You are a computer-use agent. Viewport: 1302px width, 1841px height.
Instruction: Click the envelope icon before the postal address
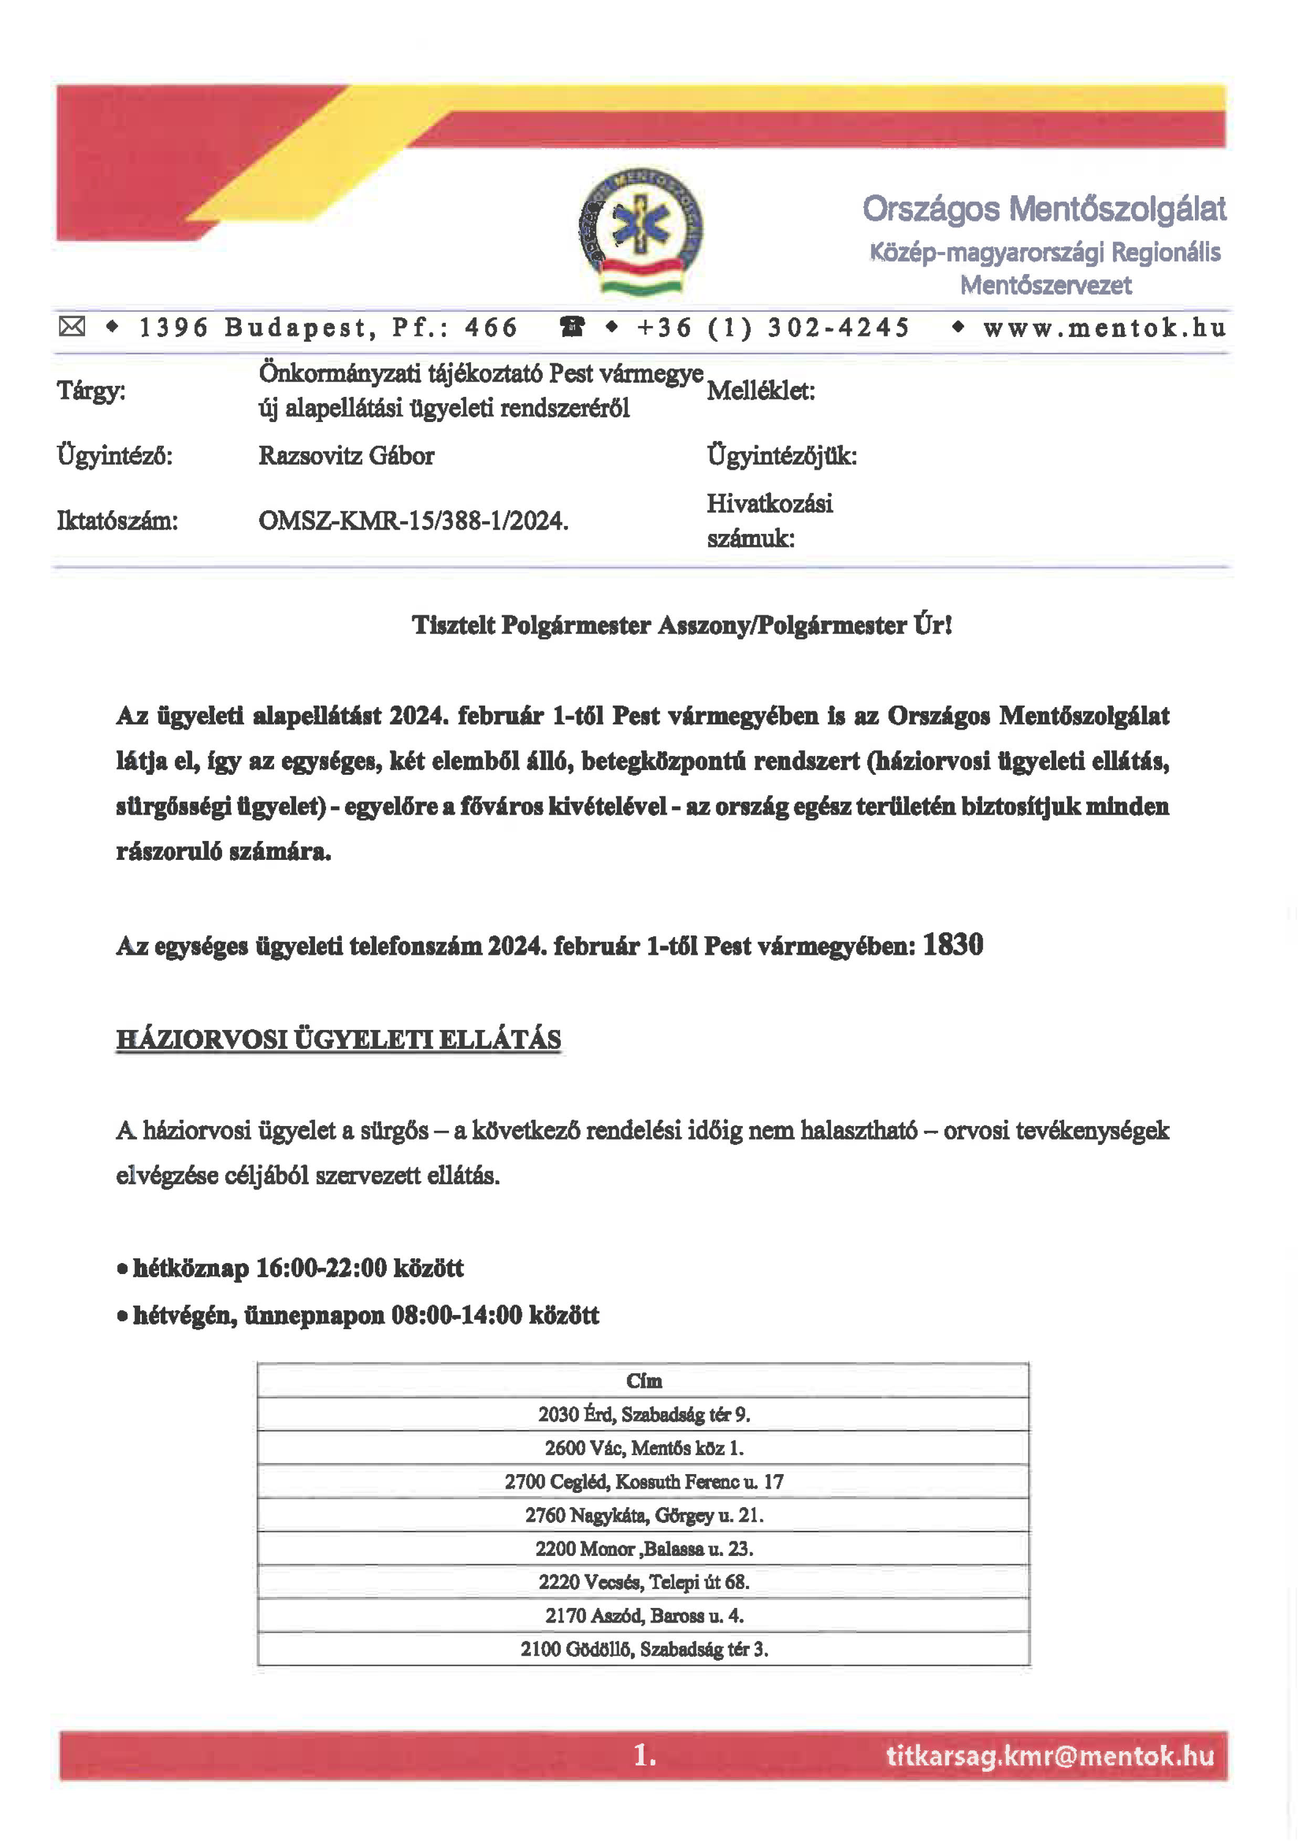[x=72, y=327]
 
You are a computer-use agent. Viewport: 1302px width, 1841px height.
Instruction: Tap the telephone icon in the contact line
[x=572, y=327]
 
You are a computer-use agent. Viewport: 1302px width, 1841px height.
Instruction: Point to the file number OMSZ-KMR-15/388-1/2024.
[x=413, y=521]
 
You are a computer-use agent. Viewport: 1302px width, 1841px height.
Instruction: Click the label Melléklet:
[x=761, y=391]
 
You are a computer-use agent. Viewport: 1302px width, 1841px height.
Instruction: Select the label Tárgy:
[x=91, y=391]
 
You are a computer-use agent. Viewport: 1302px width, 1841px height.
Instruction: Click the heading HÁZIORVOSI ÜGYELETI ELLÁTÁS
[x=338, y=1040]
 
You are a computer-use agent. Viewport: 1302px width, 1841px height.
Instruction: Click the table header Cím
[x=644, y=1381]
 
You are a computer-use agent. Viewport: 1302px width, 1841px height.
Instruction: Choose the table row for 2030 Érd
[x=644, y=1414]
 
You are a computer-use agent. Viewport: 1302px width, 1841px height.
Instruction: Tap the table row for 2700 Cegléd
[x=644, y=1482]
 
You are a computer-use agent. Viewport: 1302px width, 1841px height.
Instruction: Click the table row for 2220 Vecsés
[x=644, y=1582]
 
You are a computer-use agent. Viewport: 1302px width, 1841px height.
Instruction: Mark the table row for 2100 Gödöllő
[x=644, y=1649]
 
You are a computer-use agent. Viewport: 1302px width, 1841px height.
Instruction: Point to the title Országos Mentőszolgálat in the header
[x=1044, y=209]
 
